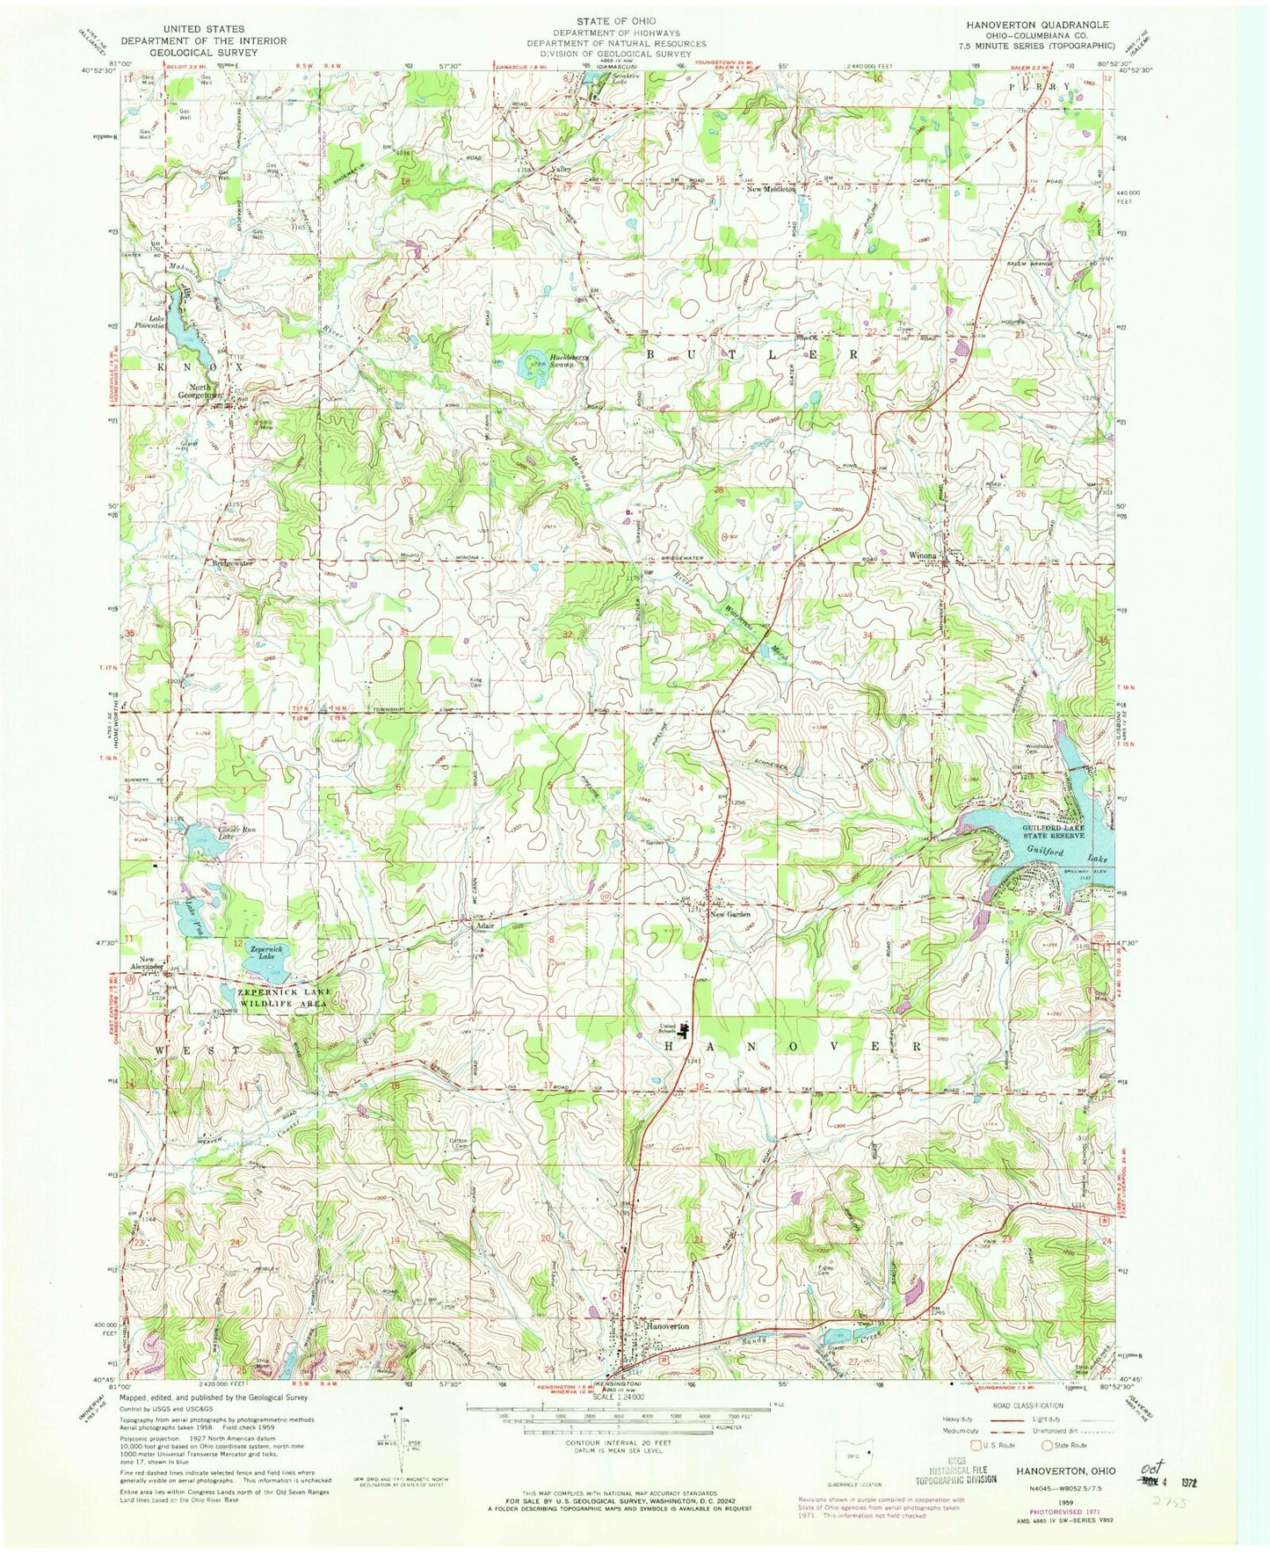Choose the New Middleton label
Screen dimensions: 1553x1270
772,189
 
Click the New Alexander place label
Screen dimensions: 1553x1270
146,962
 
